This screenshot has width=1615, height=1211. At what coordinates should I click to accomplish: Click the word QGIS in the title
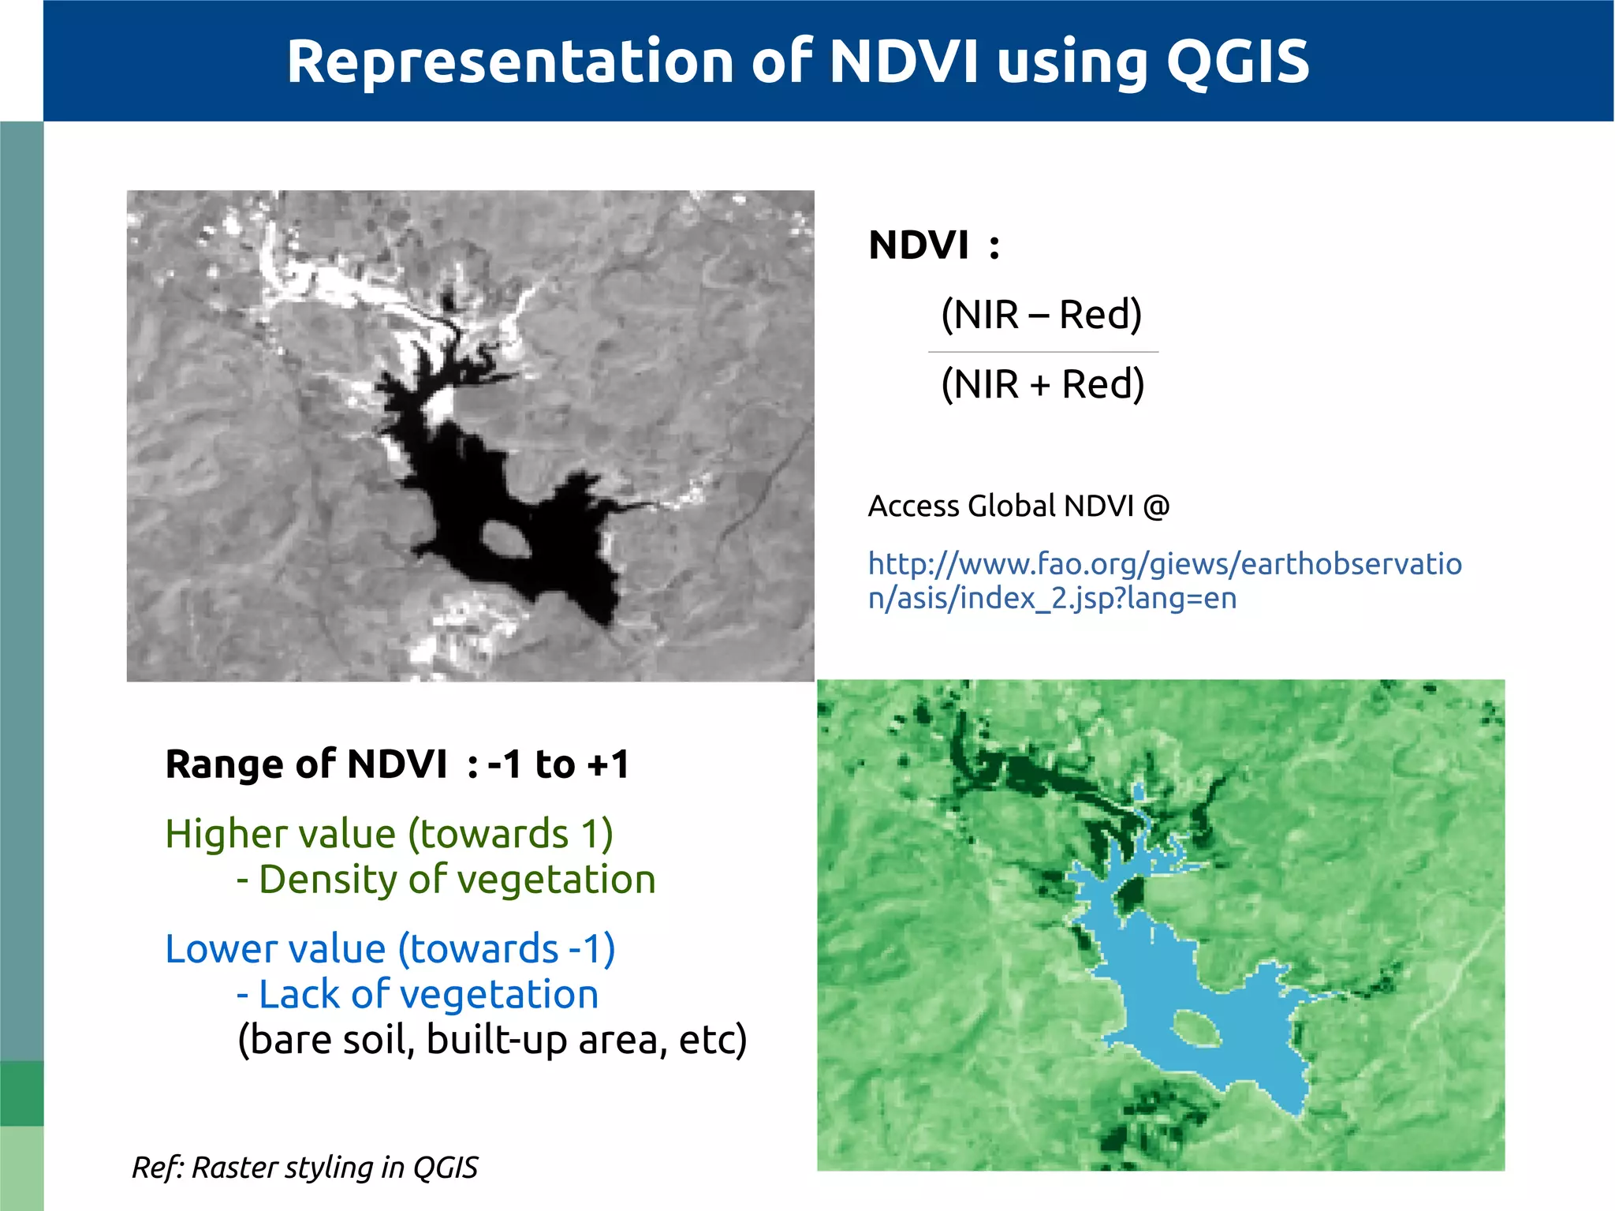(1237, 62)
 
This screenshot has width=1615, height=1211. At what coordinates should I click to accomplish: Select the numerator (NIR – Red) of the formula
(1042, 315)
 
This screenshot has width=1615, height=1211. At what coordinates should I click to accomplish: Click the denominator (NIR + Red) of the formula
(1042, 384)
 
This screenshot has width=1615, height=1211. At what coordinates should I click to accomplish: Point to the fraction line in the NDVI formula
(1042, 352)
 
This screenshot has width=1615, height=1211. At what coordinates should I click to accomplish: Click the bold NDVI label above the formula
(919, 245)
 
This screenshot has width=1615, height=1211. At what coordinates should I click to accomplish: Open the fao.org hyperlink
(1165, 580)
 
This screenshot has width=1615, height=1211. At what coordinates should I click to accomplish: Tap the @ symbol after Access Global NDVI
(1156, 506)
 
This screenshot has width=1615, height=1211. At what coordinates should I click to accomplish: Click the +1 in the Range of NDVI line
(608, 764)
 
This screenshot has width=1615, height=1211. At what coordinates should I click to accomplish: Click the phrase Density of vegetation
(457, 880)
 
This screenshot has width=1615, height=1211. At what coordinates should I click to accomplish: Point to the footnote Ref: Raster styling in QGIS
(305, 1167)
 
